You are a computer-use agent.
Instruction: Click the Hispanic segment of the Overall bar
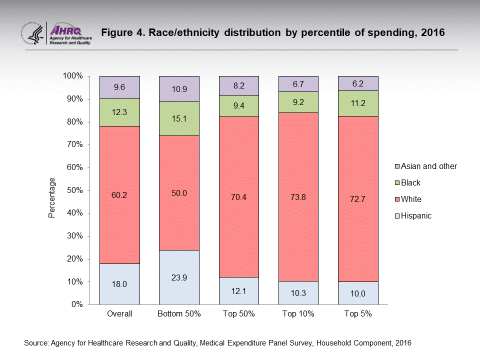[119, 283]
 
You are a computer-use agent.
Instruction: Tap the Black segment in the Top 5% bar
[358, 103]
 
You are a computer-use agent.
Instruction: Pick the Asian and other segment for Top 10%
[298, 83]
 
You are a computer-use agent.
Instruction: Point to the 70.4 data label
[239, 197]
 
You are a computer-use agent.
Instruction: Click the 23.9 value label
[179, 278]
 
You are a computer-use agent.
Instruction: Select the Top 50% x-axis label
[239, 314]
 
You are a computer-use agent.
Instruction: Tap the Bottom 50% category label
[179, 314]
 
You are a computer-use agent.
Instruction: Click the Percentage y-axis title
[51, 198]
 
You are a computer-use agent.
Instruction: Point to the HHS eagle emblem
[32, 33]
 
